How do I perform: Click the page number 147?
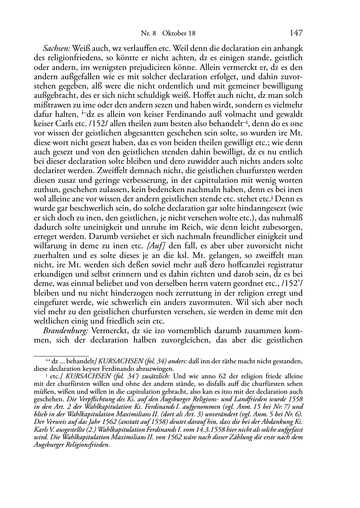coord(296,33)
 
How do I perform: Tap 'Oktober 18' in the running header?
coord(179,34)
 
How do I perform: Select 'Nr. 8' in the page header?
coord(148,34)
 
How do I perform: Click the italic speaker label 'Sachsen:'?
coord(57,48)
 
